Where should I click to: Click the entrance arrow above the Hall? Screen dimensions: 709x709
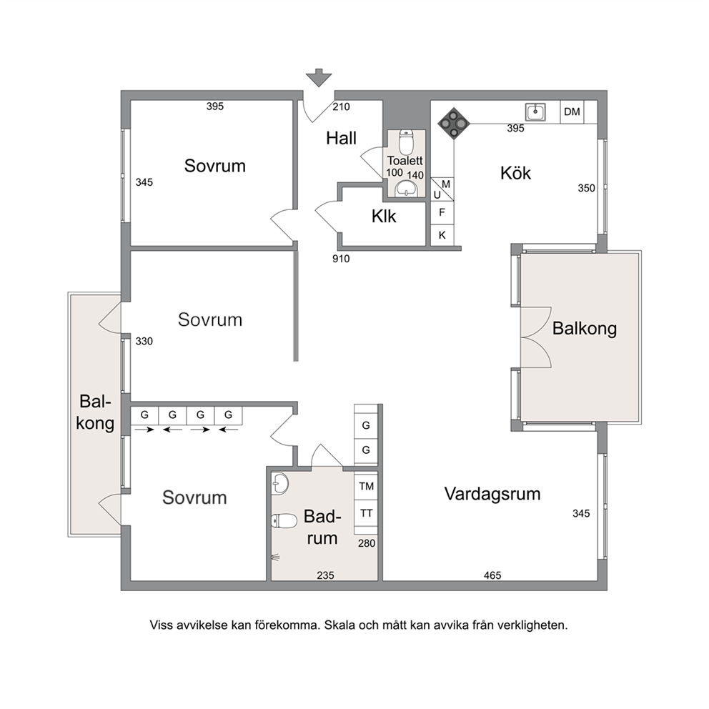319,77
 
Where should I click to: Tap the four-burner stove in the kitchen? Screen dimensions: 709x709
454,123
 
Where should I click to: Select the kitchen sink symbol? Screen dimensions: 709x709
535,111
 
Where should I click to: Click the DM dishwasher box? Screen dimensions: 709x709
572,111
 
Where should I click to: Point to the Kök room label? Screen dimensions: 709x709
515,173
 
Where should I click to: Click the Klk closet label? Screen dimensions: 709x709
383,217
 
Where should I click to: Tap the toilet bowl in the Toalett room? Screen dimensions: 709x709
406,142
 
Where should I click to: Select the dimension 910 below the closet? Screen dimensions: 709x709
341,259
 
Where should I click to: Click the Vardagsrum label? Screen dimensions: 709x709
492,494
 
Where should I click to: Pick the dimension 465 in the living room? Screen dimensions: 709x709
492,575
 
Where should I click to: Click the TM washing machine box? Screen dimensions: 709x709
366,487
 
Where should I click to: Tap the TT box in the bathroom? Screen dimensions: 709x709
366,513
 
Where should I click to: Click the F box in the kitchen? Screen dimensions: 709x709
442,212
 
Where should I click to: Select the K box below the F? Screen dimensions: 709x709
442,235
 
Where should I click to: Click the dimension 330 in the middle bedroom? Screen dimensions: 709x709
144,342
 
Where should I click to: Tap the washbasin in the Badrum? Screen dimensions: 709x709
280,483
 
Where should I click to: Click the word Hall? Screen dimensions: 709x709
342,139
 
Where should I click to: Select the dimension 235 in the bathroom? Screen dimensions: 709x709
325,575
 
